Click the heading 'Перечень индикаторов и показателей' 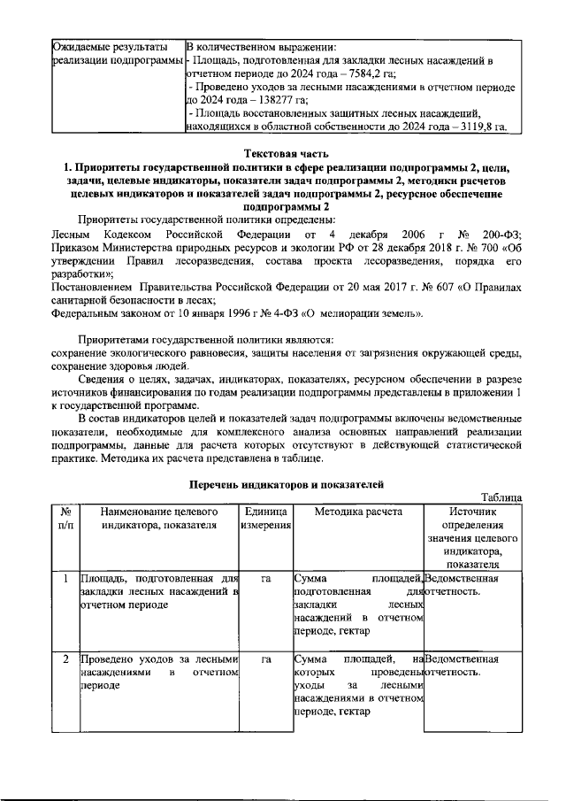point(287,483)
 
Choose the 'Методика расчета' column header point(358,512)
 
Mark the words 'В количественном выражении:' point(267,46)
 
